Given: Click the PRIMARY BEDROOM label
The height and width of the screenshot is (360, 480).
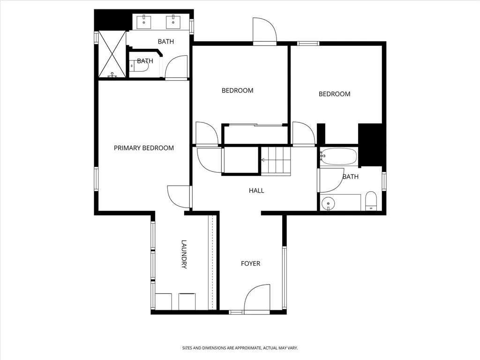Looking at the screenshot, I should click(143, 148).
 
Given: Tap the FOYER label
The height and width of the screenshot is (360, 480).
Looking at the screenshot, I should click(250, 263).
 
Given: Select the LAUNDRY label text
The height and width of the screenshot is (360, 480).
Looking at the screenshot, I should click(184, 255).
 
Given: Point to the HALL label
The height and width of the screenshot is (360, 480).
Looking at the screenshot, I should click(256, 190).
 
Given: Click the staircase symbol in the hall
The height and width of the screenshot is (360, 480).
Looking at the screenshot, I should click(276, 160).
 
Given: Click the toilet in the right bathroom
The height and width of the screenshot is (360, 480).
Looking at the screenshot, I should click(371, 201).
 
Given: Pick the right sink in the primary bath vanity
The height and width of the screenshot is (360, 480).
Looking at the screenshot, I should click(173, 21).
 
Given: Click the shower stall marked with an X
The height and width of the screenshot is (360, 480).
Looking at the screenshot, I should click(112, 54).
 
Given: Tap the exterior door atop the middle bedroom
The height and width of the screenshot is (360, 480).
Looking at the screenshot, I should click(264, 30).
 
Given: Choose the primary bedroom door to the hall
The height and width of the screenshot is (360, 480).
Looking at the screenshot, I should click(180, 196).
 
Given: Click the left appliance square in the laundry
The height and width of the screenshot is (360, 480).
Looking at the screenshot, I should click(164, 301).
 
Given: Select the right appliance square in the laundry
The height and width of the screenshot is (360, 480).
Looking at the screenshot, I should click(187, 301).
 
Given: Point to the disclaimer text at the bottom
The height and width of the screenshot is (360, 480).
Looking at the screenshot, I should click(240, 348).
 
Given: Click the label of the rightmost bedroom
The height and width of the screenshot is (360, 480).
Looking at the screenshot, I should click(334, 94).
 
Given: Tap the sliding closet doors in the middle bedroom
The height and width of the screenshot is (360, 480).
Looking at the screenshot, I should click(255, 125).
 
